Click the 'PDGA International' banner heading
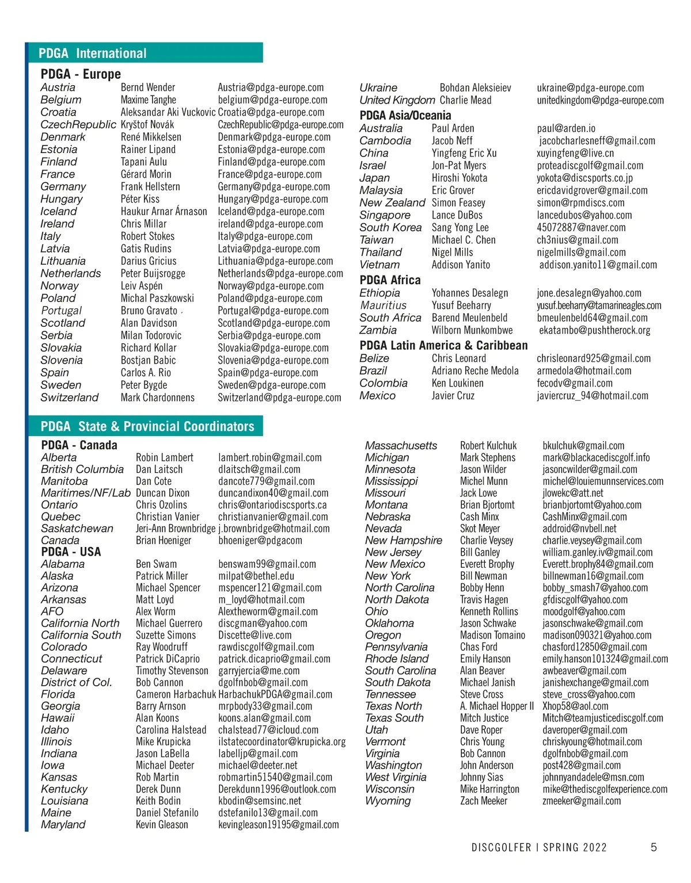pyautogui.click(x=93, y=53)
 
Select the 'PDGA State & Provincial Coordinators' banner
pyautogui.click(x=147, y=426)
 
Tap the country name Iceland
pyautogui.click(x=58, y=211)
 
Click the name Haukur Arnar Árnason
pyautogui.click(x=164, y=211)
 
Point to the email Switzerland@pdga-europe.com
pyautogui.click(x=279, y=397)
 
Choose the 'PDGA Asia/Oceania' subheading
pyautogui.click(x=405, y=115)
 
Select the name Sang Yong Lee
pyautogui.click(x=460, y=227)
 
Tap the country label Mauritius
pyautogui.click(x=383, y=305)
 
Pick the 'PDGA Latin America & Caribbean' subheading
pyautogui.click(x=443, y=345)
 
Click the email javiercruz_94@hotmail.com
pyautogui.click(x=593, y=396)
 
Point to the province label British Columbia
pyautogui.click(x=82, y=469)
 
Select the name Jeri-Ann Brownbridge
pyautogui.click(x=176, y=528)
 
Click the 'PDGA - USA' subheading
pyautogui.click(x=71, y=552)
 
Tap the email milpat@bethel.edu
pyautogui.click(x=256, y=576)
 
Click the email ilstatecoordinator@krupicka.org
pyautogui.click(x=282, y=741)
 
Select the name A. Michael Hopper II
pyautogui.click(x=497, y=706)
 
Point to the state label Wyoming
pyautogui.click(x=388, y=801)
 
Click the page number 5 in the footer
pyautogui.click(x=654, y=847)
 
